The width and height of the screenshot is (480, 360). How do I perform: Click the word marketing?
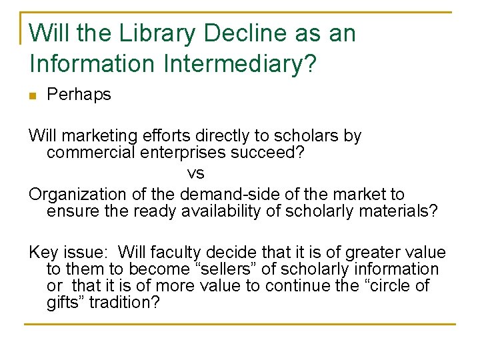click(102, 137)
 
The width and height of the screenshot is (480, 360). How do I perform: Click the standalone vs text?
click(195, 174)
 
